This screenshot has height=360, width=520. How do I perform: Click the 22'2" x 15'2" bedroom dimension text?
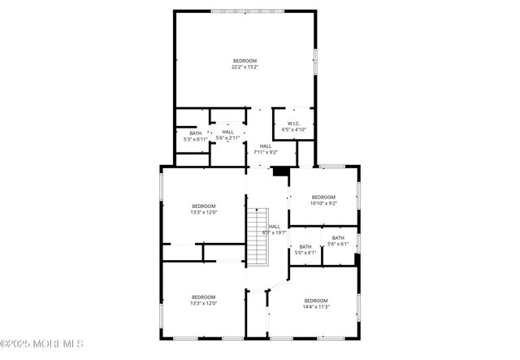[x=245, y=67]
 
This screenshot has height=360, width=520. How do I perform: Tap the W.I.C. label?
[x=293, y=124]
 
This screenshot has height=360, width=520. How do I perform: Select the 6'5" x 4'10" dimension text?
[x=293, y=130]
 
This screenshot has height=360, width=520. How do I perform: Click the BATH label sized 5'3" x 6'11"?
[x=195, y=133]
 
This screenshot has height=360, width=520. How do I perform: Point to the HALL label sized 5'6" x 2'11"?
[x=227, y=132]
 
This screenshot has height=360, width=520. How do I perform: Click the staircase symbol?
[x=258, y=235]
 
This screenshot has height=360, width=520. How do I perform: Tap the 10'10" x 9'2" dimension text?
[x=323, y=203]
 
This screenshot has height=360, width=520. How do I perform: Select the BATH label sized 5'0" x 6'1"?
[x=305, y=247]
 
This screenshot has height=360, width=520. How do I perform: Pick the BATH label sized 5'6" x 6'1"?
[x=338, y=238]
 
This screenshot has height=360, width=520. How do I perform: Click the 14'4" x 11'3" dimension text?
[x=316, y=307]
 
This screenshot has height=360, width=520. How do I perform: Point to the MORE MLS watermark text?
[x=42, y=344]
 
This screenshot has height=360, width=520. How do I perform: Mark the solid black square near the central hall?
[x=281, y=171]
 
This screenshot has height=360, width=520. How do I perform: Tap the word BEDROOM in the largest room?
[x=245, y=61]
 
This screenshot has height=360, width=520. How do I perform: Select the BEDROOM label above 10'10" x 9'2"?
[x=323, y=197]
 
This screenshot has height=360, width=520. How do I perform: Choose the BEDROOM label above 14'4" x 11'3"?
[x=316, y=301]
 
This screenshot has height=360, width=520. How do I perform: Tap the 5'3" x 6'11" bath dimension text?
[x=195, y=140]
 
